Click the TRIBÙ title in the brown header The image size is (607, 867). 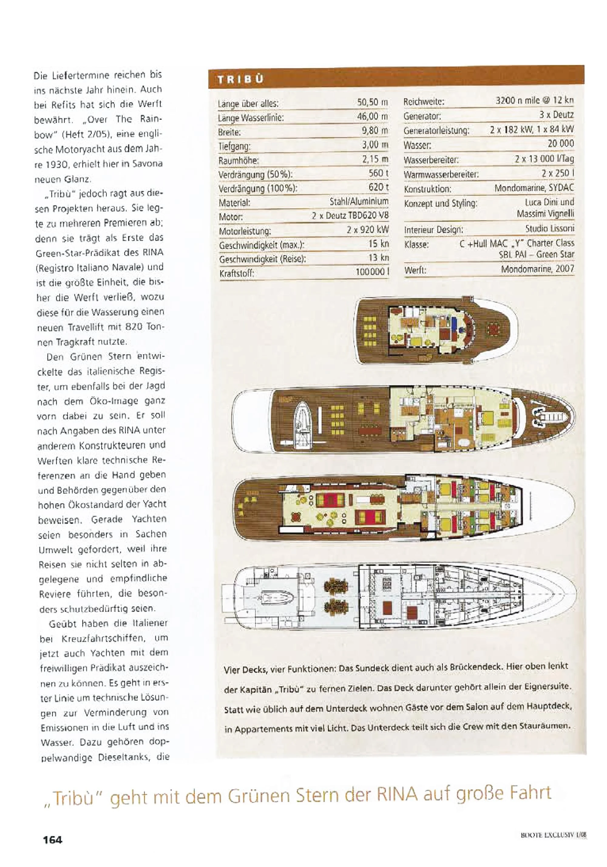[240, 80]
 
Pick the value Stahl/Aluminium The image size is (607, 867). [359, 201]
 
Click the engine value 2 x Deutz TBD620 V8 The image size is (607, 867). [350, 216]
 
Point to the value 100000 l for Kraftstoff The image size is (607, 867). [372, 271]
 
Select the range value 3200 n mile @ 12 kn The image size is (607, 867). [534, 101]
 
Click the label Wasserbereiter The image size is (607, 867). [431, 160]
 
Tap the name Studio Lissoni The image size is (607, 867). [549, 228]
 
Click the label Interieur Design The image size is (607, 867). [433, 230]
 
